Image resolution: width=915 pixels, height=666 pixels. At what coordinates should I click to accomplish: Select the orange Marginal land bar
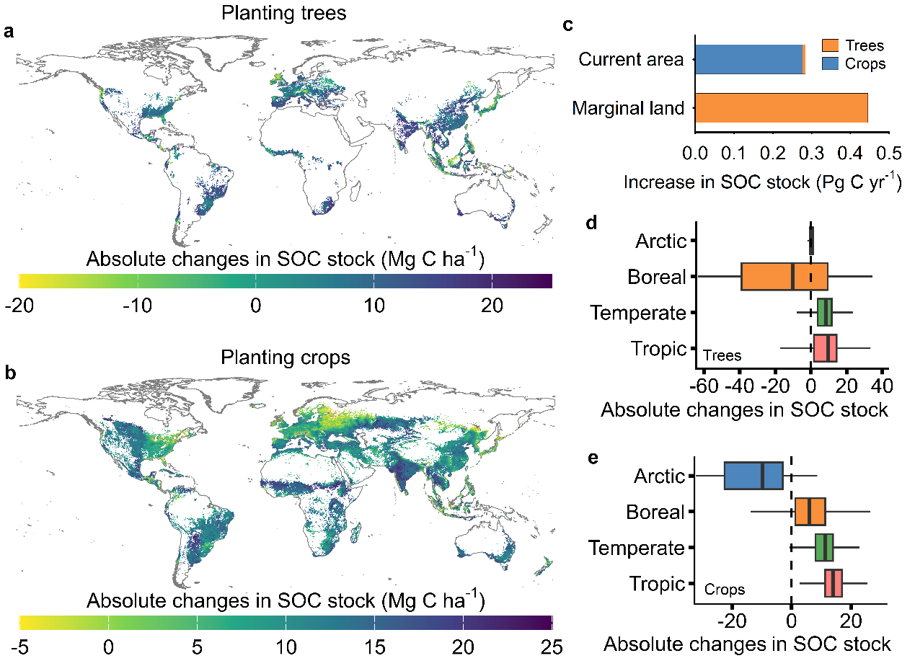(x=781, y=107)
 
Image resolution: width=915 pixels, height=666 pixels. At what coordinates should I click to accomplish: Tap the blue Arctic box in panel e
(x=753, y=476)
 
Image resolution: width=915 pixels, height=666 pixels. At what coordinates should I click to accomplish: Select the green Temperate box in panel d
(x=825, y=312)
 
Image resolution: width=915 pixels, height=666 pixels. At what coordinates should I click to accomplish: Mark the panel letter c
(x=567, y=25)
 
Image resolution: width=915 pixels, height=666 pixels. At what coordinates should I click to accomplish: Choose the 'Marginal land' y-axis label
(x=627, y=109)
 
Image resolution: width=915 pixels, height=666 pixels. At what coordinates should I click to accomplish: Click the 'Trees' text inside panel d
(x=722, y=355)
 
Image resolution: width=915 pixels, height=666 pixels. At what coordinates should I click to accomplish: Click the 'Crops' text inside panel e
(x=724, y=590)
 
